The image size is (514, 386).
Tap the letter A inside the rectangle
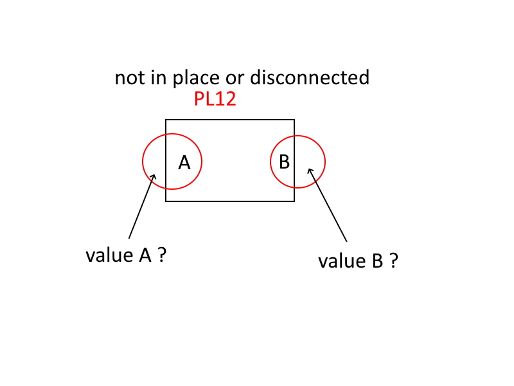[x=184, y=163]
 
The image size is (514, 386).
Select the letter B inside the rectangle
[x=284, y=161]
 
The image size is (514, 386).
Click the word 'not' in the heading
[x=128, y=78]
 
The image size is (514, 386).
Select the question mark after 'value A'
[x=163, y=255]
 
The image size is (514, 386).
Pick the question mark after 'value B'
[x=393, y=261]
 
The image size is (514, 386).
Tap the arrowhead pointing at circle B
[x=310, y=170]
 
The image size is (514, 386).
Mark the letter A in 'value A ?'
[x=145, y=255]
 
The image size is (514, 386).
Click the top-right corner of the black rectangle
[x=294, y=120]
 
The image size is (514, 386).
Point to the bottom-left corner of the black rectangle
[x=166, y=201]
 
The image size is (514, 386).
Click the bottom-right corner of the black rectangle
[x=294, y=201]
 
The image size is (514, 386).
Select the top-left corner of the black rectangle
[x=166, y=120]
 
